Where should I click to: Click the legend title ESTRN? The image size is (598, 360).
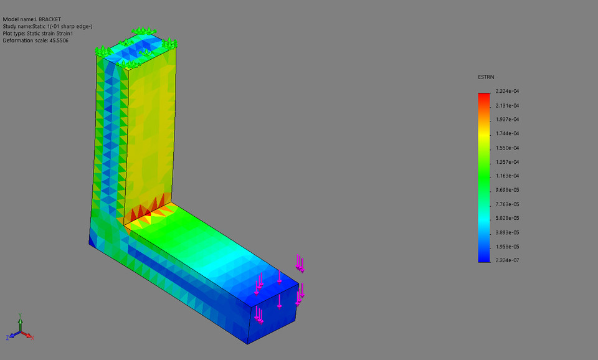(485, 77)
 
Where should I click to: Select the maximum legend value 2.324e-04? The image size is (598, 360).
(507, 91)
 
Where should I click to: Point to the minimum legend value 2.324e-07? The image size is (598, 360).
(507, 260)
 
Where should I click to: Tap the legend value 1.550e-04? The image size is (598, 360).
(507, 148)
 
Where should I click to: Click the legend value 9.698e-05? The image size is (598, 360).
(507, 190)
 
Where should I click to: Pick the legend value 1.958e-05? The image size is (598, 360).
(507, 247)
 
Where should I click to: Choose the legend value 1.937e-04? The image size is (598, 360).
(507, 119)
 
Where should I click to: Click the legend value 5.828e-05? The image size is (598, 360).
(507, 218)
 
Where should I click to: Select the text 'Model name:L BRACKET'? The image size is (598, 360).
(32, 19)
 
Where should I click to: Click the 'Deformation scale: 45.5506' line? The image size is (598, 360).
(36, 40)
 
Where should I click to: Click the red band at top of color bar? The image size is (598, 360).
(484, 96)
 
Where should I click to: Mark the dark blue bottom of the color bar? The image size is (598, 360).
(484, 258)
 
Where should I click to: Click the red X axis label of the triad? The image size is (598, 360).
(32, 337)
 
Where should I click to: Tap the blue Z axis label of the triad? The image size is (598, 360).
(7, 337)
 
